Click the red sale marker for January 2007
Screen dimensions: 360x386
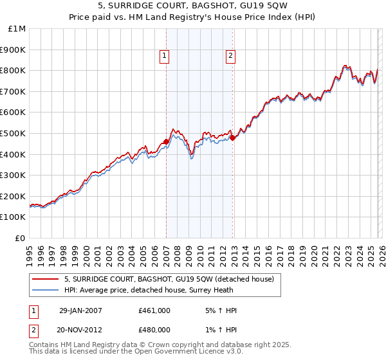coord(166,141)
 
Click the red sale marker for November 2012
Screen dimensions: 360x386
coord(232,137)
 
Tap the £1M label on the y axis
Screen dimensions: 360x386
coord(17,28)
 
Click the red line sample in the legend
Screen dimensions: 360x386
coord(46,279)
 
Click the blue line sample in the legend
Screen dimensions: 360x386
coord(46,289)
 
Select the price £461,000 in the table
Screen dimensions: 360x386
coord(154,310)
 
